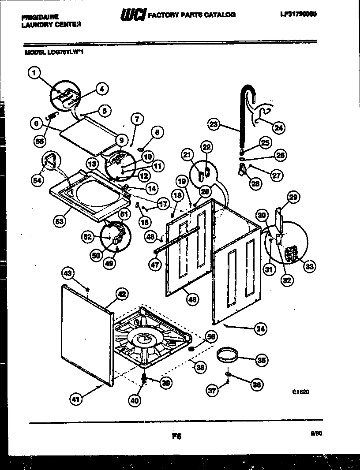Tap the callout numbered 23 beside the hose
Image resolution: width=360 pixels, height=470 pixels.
pyautogui.click(x=214, y=125)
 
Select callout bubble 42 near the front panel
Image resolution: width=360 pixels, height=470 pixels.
pyautogui.click(x=122, y=294)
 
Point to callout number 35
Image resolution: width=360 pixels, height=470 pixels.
pyautogui.click(x=262, y=360)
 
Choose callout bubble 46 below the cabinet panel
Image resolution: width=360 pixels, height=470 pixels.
pyautogui.click(x=192, y=299)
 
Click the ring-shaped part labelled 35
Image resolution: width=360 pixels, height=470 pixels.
pyautogui.click(x=228, y=355)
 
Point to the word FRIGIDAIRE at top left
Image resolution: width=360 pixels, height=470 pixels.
pyautogui.click(x=39, y=17)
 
